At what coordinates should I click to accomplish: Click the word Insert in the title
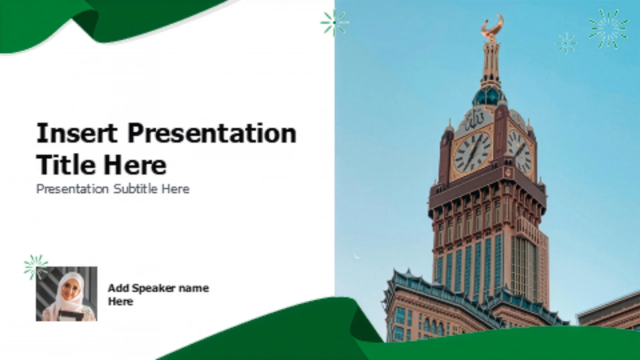tap(77, 133)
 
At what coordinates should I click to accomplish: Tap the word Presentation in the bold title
tap(212, 133)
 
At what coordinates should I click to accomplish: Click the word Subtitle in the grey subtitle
tap(135, 189)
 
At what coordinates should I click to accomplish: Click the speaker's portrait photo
tap(67, 294)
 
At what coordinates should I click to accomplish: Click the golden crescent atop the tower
tap(492, 25)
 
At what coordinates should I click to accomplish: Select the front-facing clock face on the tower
tap(473, 152)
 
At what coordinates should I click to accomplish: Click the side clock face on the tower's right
tap(519, 152)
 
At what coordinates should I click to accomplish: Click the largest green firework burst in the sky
tap(608, 29)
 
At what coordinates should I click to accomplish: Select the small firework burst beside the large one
tap(566, 43)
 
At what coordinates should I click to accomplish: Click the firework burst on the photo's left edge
tap(334, 23)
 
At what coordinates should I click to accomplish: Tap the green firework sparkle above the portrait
tap(36, 267)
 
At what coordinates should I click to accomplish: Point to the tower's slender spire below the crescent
tap(491, 60)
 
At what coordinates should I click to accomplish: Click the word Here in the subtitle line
tap(176, 189)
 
